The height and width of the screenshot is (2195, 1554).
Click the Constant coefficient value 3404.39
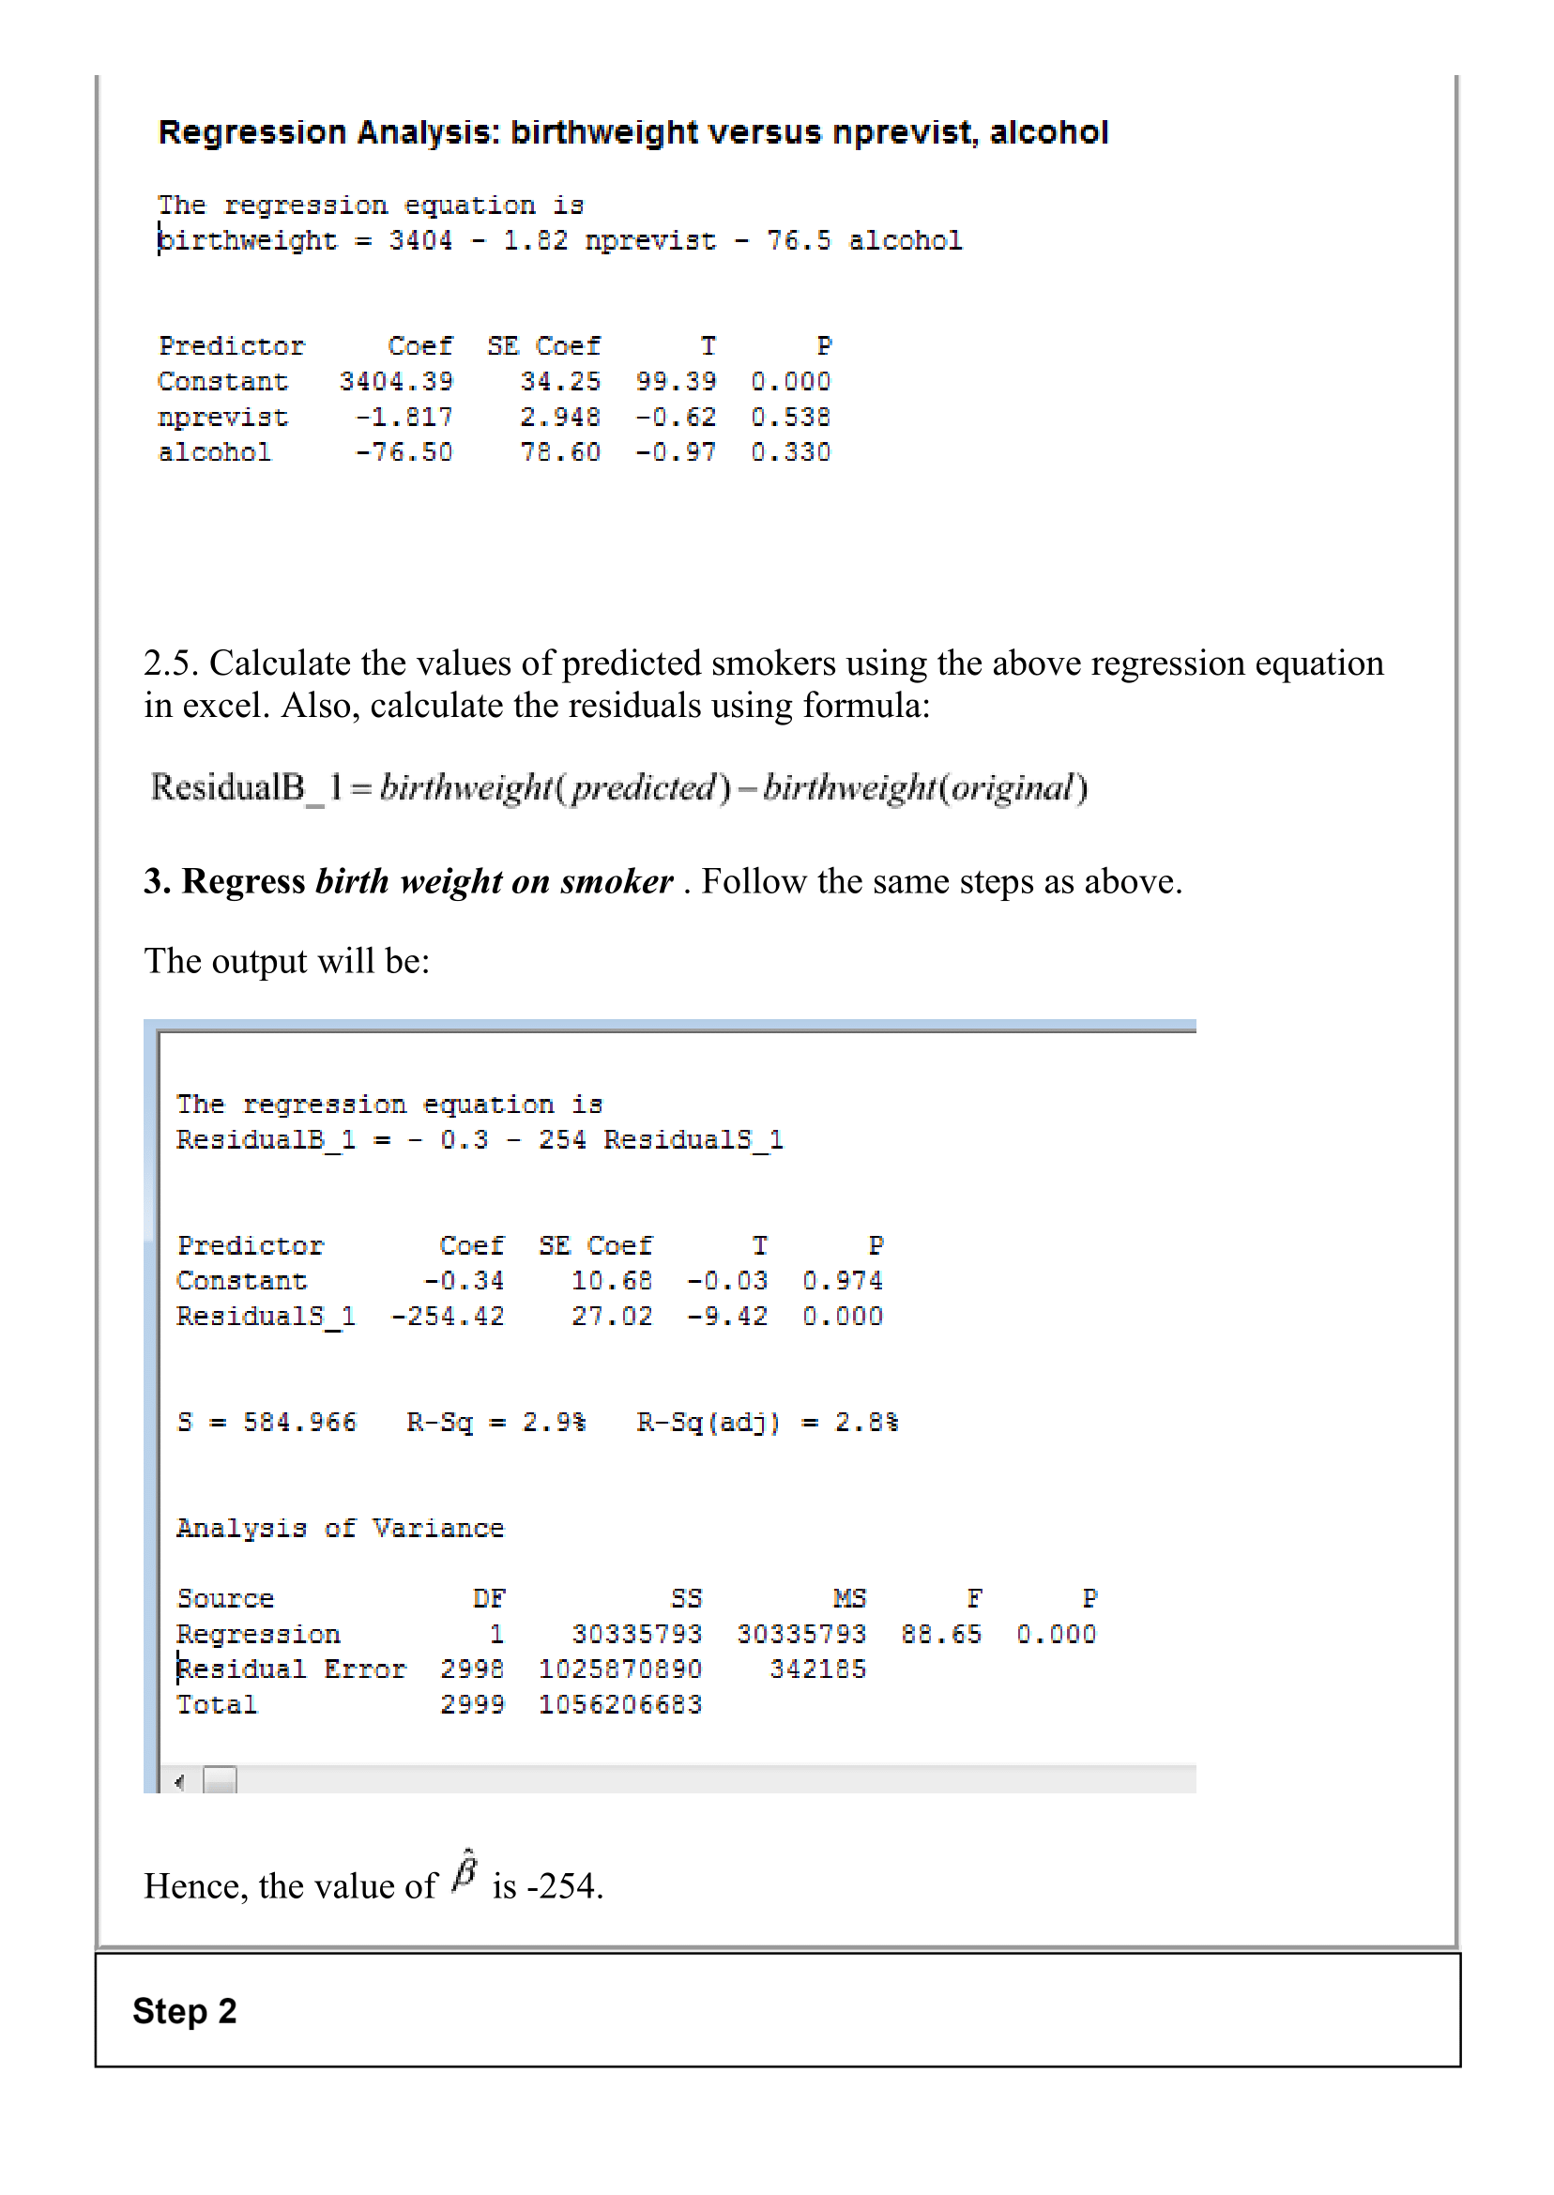point(396,382)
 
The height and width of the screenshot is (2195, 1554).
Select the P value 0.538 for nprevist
point(790,418)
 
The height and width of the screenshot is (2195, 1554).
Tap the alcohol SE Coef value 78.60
point(561,452)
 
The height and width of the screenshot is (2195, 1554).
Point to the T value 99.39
point(676,382)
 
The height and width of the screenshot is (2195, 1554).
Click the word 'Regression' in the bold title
point(251,132)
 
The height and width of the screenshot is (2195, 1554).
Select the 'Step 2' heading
point(185,2010)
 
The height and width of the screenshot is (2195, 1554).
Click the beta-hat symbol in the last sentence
point(465,1869)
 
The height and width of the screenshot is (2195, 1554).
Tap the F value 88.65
point(940,1635)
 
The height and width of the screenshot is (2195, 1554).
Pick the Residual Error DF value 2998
point(472,1669)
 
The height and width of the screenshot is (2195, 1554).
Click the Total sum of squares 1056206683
point(620,1705)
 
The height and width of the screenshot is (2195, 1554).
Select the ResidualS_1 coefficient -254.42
point(447,1317)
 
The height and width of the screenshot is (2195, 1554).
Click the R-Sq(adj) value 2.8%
point(866,1423)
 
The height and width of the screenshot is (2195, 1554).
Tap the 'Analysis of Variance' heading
point(340,1529)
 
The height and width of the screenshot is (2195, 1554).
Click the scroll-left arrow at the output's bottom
point(180,1782)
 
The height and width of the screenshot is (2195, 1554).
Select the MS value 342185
point(818,1669)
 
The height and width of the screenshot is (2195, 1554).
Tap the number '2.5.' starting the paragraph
point(172,663)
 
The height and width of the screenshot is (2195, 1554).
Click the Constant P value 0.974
point(842,1281)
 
